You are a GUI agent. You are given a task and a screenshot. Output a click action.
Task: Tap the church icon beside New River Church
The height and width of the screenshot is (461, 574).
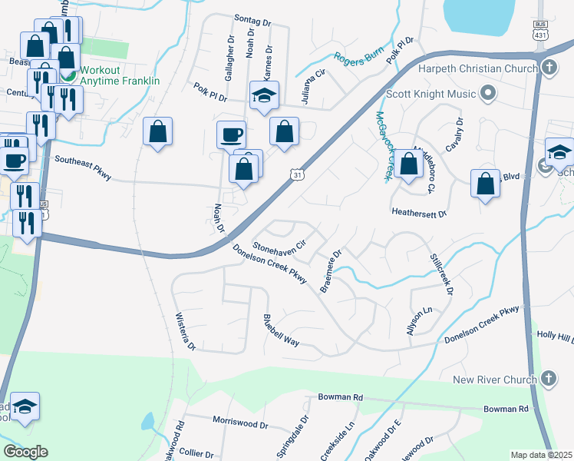tap(548, 379)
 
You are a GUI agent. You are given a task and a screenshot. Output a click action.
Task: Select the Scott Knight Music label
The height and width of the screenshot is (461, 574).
tap(431, 94)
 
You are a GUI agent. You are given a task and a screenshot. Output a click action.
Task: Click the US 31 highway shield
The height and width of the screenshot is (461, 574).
tap(297, 176)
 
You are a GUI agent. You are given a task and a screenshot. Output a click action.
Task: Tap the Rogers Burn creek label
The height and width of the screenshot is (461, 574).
tap(358, 58)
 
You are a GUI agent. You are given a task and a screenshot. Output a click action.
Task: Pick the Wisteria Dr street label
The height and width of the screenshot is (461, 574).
tap(186, 332)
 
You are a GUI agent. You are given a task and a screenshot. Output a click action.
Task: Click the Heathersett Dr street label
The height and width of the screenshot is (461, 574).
tap(418, 211)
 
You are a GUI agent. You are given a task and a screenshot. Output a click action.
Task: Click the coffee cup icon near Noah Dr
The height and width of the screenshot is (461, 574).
tap(231, 136)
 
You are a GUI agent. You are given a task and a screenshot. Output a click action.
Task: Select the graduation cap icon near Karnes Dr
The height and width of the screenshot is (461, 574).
tap(263, 96)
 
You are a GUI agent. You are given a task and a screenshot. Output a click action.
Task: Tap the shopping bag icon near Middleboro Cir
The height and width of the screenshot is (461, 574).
tap(409, 163)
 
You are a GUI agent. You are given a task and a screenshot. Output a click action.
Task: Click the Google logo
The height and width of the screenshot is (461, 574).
tap(25, 452)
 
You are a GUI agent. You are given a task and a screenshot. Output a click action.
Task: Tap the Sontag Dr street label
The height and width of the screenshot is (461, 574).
tap(253, 23)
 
